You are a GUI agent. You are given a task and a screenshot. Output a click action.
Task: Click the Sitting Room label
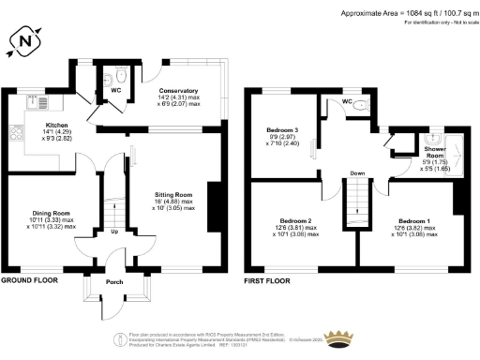173,196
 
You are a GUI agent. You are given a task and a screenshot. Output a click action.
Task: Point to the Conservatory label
178,79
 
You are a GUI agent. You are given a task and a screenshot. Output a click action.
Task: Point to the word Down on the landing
357,174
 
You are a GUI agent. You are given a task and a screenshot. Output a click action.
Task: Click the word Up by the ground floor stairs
115,232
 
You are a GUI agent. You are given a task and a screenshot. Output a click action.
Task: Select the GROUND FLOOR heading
32,280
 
